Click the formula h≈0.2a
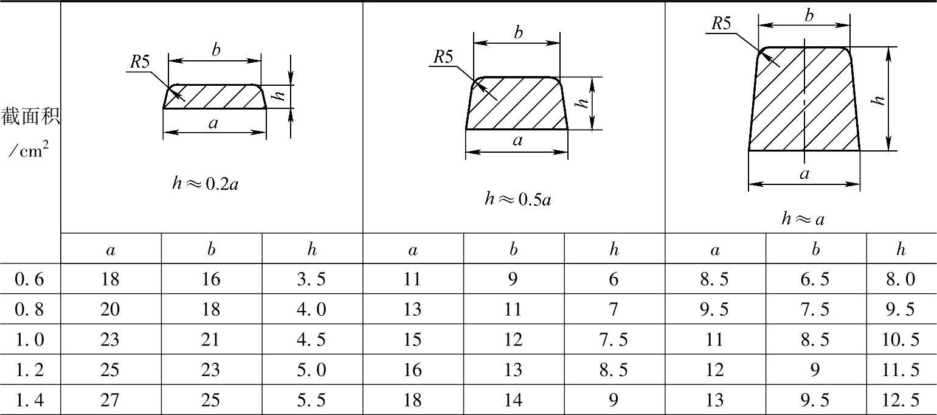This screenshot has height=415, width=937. (206, 183)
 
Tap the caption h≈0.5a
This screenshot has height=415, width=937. (518, 199)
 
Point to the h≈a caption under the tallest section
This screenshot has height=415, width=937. (803, 218)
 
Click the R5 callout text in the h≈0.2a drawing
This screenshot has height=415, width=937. (140, 62)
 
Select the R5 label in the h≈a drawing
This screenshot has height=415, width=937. (721, 24)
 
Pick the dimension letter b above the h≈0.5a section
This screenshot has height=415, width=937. (518, 32)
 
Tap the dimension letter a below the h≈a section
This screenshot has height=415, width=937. (804, 174)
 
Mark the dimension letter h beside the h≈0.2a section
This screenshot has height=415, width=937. (278, 96)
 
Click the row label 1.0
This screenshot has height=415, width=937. (29, 339)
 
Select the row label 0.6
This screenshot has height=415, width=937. (29, 279)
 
